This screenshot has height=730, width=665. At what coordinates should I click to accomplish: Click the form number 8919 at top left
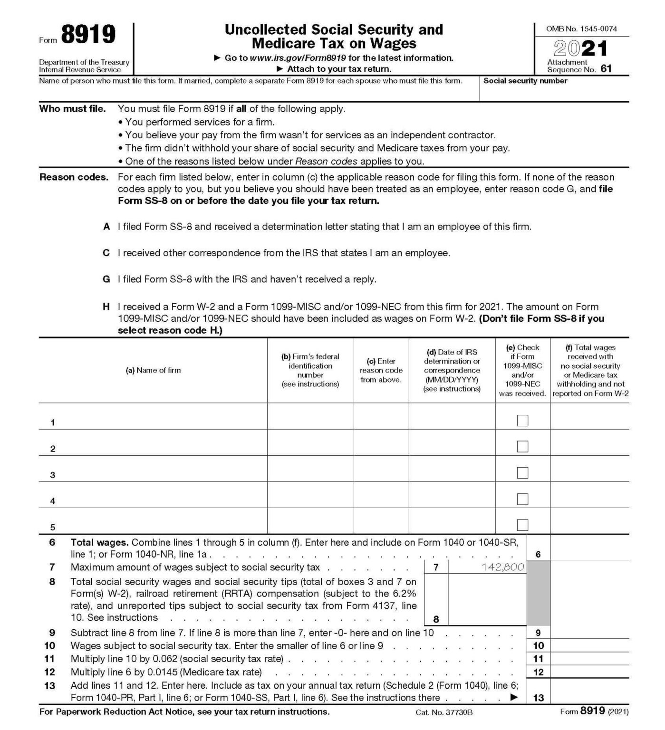click(88, 35)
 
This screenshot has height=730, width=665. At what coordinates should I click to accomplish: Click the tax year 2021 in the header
click(580, 49)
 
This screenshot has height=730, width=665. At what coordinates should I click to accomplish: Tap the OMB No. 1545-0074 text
click(581, 29)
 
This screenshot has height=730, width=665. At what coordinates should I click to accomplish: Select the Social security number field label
click(525, 81)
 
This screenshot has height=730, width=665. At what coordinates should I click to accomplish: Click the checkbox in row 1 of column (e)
click(522, 421)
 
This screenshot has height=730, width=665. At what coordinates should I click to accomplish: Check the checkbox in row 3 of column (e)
click(522, 473)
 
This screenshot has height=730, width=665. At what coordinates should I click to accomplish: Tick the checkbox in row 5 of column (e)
click(522, 525)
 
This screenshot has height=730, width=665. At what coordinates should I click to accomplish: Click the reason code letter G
click(106, 279)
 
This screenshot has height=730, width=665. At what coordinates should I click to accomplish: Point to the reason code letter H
click(106, 307)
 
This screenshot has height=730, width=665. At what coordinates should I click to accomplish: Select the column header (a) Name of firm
click(153, 370)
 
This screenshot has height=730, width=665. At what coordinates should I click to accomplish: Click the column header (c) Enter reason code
click(381, 370)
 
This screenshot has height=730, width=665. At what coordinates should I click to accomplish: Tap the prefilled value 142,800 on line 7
click(502, 567)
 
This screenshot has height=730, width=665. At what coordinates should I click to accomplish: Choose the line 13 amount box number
click(538, 698)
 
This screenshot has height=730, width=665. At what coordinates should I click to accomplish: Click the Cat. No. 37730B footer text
click(444, 712)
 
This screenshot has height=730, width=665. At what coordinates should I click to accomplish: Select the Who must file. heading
click(72, 109)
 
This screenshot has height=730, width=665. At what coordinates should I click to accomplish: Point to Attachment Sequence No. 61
click(579, 66)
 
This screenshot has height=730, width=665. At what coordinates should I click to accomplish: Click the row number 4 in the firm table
click(53, 501)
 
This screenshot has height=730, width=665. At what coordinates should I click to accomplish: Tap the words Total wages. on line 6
click(99, 542)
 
